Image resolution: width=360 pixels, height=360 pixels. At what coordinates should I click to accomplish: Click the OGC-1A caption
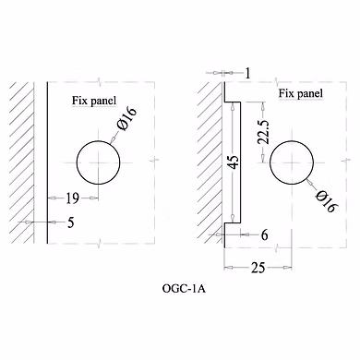[184, 289]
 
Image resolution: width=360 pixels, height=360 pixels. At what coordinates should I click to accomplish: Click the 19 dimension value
[73, 198]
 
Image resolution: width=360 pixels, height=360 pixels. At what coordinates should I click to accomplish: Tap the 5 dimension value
[71, 222]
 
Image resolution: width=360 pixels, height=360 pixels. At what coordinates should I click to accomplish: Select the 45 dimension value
[234, 162]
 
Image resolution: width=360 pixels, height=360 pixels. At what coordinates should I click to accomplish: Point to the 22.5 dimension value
[264, 132]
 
